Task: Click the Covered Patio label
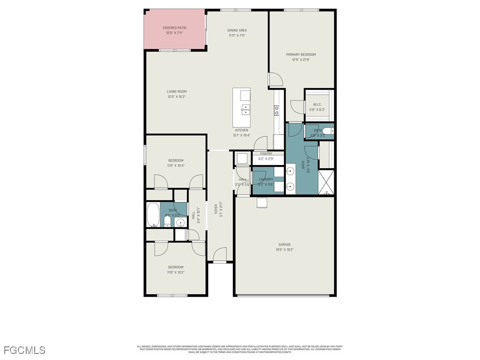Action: tap(174, 28)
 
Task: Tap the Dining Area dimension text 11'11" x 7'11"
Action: tap(237, 36)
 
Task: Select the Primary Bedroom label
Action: tap(301, 55)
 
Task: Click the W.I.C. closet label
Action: tap(317, 105)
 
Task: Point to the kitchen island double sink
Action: tap(245, 110)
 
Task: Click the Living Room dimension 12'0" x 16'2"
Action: tap(177, 97)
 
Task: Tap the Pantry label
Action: tap(266, 154)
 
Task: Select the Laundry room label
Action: tap(266, 179)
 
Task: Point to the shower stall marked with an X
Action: tap(326, 183)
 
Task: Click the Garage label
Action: tap(285, 245)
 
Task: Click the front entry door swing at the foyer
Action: tap(219, 255)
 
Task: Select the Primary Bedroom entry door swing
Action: tap(276, 79)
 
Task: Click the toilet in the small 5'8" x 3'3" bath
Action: tap(329, 131)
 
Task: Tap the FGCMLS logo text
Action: tap(24, 350)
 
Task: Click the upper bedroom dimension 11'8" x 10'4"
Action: tap(176, 165)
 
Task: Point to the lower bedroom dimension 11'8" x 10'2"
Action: tap(176, 272)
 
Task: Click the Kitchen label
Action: tap(242, 130)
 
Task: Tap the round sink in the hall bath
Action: tap(180, 222)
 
